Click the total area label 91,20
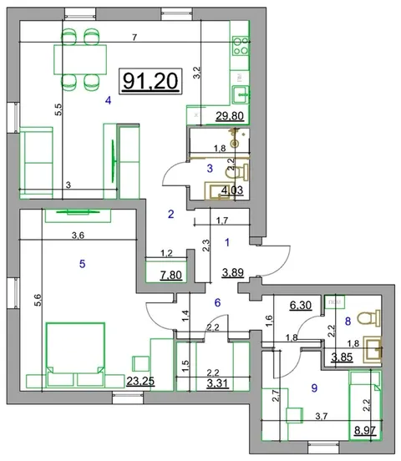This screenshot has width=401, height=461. point(150,82)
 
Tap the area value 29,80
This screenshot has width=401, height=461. point(230,116)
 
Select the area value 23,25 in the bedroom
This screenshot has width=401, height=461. point(140,381)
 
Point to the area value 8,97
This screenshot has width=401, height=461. point(365,431)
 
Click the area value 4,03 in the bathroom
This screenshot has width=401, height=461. point(232,190)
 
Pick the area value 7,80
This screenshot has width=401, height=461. point(171,276)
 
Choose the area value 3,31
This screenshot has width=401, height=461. point(218,383)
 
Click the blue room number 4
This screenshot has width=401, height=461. point(109,101)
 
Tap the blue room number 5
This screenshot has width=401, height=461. point(83,264)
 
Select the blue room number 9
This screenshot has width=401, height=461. point(314,388)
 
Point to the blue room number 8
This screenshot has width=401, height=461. point(348,322)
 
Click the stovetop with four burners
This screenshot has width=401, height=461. point(241,46)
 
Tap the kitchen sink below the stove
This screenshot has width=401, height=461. point(241,94)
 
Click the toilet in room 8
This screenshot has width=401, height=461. point(368,318)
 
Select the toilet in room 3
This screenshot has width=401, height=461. point(236,172)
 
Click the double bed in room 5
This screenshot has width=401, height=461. point(76,354)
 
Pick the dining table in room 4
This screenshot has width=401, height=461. point(80,59)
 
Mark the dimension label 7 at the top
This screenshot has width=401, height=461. point(135,38)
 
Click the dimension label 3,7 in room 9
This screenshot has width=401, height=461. point(322,416)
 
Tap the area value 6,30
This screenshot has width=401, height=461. point(301,305)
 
